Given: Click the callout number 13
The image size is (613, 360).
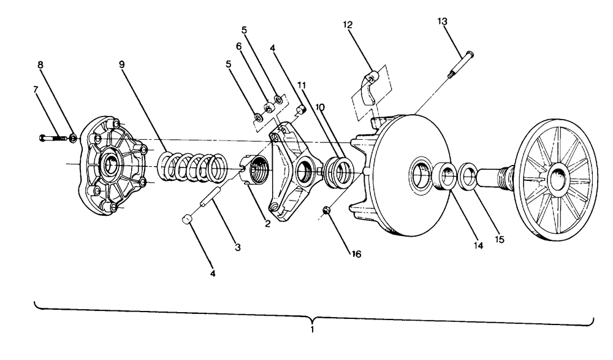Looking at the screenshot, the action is [x=442, y=21].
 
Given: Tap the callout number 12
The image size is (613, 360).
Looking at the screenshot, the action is [x=348, y=25].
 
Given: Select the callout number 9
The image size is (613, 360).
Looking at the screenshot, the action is [x=122, y=64].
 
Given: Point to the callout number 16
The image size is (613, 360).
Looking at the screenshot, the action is [x=356, y=255].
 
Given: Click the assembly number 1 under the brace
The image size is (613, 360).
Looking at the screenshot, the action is [x=312, y=329].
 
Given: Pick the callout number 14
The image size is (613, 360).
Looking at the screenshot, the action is [x=478, y=246].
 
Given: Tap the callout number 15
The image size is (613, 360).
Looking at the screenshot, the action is [x=500, y=239].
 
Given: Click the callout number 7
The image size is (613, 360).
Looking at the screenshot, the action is [x=36, y=90].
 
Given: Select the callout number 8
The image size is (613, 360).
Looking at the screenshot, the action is [x=40, y=65].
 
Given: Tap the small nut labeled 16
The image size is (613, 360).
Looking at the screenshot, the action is [x=327, y=211].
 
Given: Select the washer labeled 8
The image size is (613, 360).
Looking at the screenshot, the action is [x=73, y=138].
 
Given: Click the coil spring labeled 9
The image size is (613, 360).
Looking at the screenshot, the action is [x=192, y=167].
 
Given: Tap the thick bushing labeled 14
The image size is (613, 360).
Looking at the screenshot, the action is [x=446, y=176].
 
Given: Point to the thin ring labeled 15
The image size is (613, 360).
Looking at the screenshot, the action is [x=467, y=177].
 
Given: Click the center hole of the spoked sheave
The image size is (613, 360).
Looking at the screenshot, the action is [x=556, y=178].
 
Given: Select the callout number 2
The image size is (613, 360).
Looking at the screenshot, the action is [x=267, y=224].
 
